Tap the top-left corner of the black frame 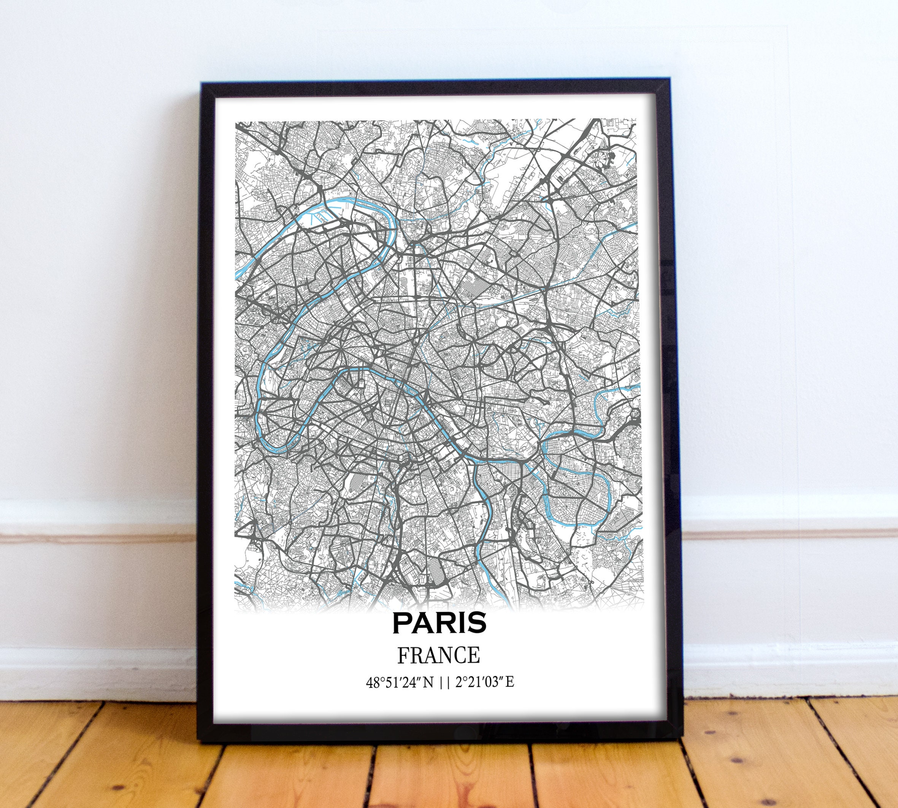[x=203, y=84]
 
